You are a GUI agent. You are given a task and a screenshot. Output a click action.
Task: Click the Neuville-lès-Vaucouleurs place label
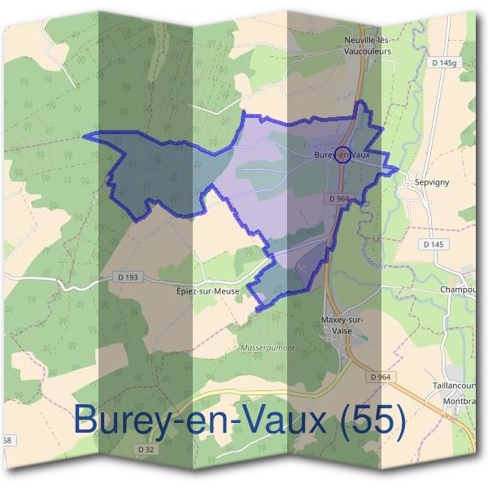point(368,45)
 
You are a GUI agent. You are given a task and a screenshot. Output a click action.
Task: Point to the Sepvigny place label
point(432,182)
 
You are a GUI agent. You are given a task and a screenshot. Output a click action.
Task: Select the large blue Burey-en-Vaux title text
point(203,420)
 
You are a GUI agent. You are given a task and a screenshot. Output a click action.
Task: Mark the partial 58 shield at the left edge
point(6,440)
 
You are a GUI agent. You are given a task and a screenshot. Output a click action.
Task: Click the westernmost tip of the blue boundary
point(85,136)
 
